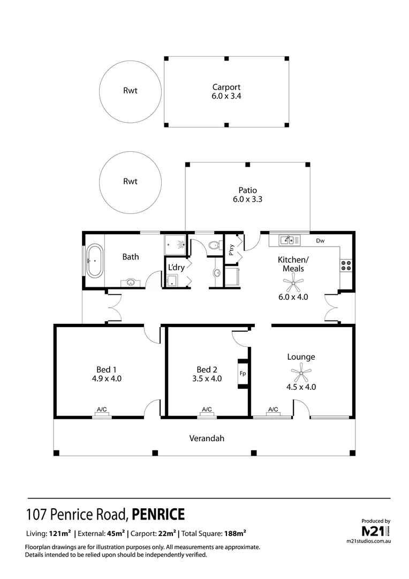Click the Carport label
[x=226, y=87]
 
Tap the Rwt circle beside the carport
[x=130, y=90]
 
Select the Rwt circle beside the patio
[x=130, y=181]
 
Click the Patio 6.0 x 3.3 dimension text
[x=247, y=199]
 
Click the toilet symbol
[x=213, y=246]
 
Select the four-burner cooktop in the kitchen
[x=345, y=265]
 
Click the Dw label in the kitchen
[x=320, y=241]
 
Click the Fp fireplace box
[x=243, y=374]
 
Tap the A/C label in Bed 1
[x=102, y=410]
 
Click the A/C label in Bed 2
[x=207, y=410]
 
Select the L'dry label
[x=176, y=266]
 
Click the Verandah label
[x=206, y=438]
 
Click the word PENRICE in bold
[x=158, y=515]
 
